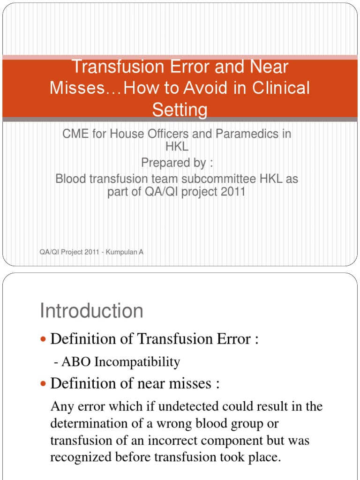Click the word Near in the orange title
click(x=266, y=67)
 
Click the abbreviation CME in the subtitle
click(x=75, y=134)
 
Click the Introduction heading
click(x=92, y=311)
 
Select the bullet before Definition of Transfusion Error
click(x=44, y=339)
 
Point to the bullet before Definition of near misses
click(x=44, y=384)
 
